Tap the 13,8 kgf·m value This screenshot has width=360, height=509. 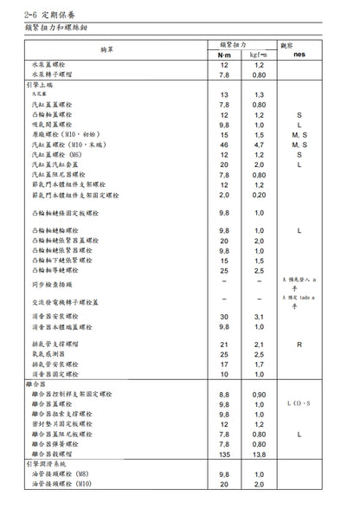(x=258, y=454)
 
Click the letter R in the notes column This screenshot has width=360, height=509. (x=299, y=345)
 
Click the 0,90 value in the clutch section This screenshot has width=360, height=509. (x=258, y=396)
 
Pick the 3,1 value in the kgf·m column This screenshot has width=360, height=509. (x=258, y=317)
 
